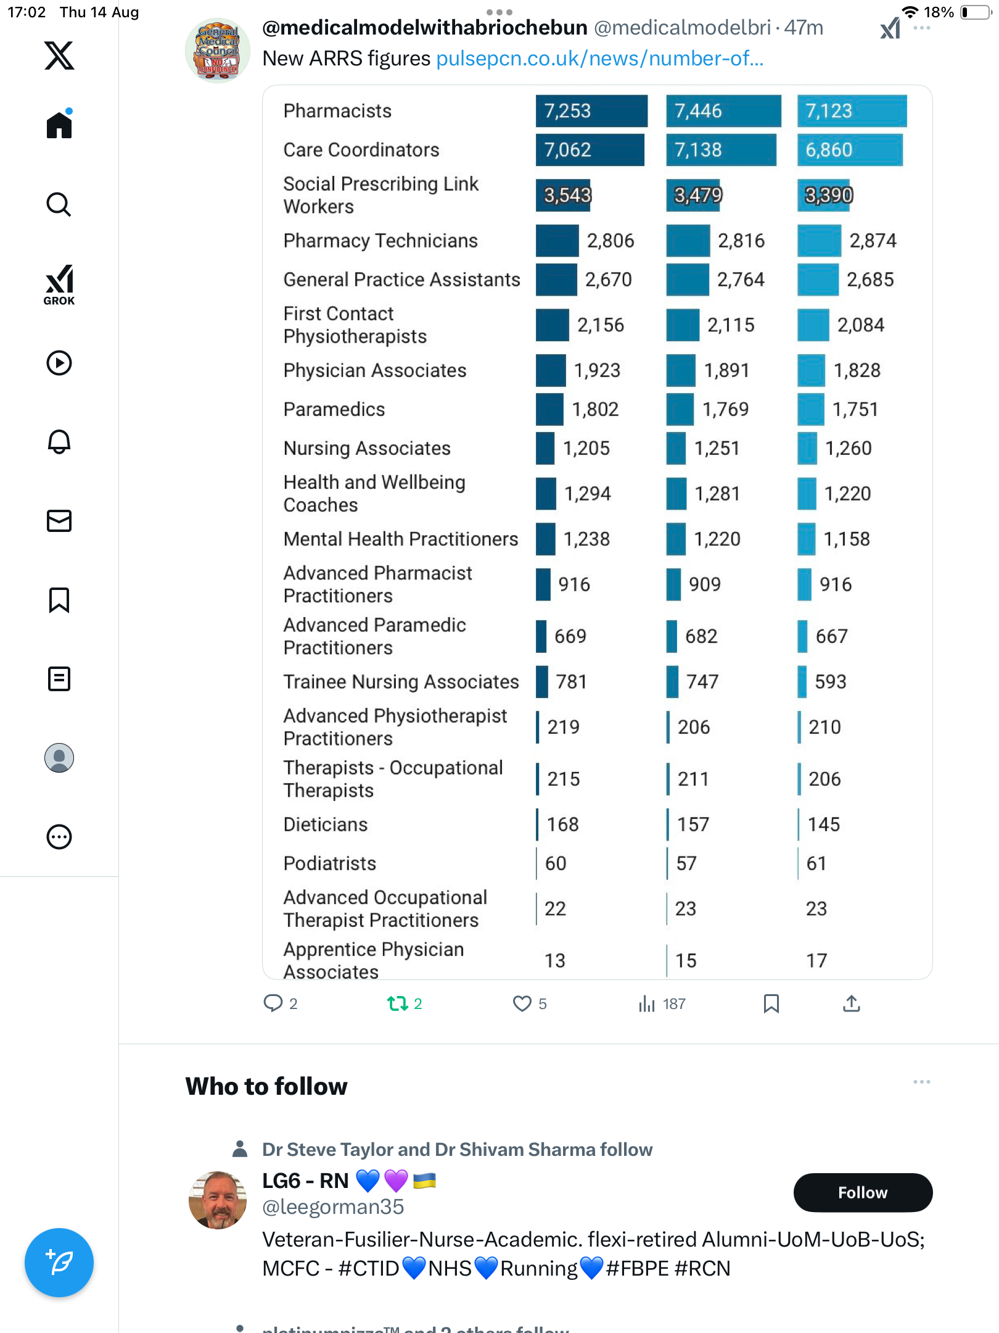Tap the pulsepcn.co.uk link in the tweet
coord(599,59)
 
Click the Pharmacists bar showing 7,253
coord(591,111)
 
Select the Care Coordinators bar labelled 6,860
coord(849,150)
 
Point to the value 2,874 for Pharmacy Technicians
coord(873,241)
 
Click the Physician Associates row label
coord(374,370)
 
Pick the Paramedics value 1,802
coord(595,409)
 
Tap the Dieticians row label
coord(325,824)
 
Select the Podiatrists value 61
coord(816,863)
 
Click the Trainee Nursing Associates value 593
coord(830,682)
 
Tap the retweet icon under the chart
coord(398,1003)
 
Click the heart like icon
coord(522,1003)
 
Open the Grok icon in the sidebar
coord(59,284)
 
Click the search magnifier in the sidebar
coord(59,204)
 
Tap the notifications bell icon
coord(59,442)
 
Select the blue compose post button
coord(59,1263)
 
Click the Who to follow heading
coord(266,1087)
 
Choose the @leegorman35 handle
coord(333,1206)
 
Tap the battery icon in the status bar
coord(975,12)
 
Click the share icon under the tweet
coord(851,1003)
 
